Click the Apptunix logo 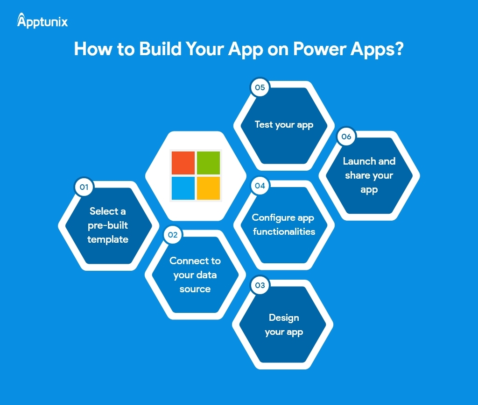[42, 21]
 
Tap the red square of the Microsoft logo [183, 163]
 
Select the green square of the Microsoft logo [208, 163]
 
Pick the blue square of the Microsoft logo [183, 188]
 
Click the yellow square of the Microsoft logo [208, 188]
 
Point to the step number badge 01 [84, 187]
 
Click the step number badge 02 [173, 235]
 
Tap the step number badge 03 [260, 285]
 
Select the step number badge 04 [260, 186]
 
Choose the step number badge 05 [260, 87]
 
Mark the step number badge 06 [346, 137]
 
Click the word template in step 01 [108, 239]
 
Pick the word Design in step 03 [284, 318]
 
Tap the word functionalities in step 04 [284, 231]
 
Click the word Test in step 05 [264, 124]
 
